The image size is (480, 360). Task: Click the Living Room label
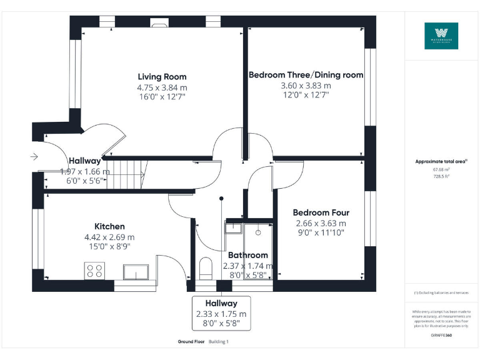pos(162,77)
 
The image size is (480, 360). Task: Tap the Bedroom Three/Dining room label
pos(306,75)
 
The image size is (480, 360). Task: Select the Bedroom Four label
pos(321,212)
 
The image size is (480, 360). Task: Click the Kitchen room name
pos(109,226)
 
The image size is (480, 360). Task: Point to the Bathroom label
pos(248,255)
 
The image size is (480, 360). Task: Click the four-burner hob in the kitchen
pos(94,271)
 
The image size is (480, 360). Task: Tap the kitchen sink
pos(136,271)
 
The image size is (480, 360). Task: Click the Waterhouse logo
pos(441,36)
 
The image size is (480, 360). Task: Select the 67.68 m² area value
pos(441,169)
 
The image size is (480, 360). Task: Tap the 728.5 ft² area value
pos(441,176)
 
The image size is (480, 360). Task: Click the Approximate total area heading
pos(441,161)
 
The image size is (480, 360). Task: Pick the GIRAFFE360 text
pos(441,336)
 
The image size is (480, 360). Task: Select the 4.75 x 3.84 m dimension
pos(162,87)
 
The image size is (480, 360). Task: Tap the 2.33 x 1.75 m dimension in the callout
pos(221,314)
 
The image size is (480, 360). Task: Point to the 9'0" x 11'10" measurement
pos(321,232)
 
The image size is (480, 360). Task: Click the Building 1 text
pos(219,342)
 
